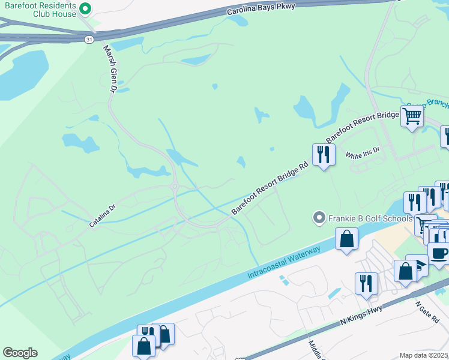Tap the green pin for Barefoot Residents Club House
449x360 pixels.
[85, 8]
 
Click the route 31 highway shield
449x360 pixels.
[89, 39]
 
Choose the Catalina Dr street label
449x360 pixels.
[102, 216]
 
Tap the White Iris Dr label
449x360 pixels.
[363, 152]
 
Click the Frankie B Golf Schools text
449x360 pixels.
[370, 218]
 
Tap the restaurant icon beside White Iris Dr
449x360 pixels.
[324, 154]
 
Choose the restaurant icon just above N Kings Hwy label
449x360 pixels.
[366, 283]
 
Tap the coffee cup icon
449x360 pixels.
[438, 253]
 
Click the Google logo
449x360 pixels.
[20, 353]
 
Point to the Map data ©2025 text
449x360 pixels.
[423, 355]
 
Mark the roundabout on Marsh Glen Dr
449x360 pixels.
[175, 187]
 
